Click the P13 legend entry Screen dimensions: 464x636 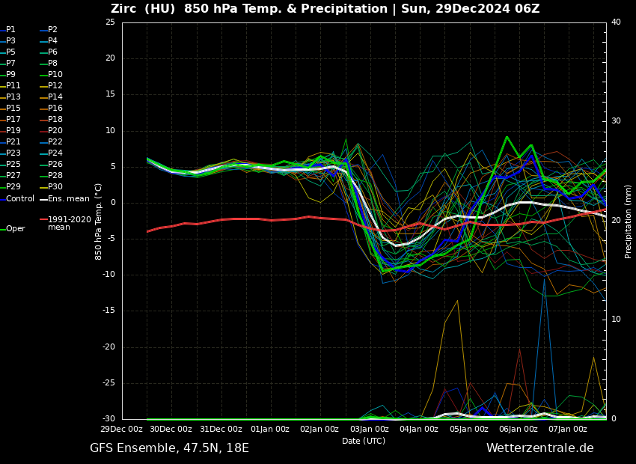tap(13, 97)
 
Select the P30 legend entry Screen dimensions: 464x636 tap(55, 187)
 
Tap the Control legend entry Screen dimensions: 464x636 tap(20, 199)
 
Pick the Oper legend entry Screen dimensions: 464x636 tap(15, 229)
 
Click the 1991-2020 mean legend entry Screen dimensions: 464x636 tap(69, 223)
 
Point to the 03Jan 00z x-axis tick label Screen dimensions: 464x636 tap(369, 430)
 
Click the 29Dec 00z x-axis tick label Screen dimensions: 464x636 tap(122, 430)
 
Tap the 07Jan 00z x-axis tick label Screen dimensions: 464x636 tap(567, 430)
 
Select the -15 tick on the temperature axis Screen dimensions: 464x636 tap(108, 311)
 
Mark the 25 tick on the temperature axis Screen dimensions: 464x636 tap(110, 22)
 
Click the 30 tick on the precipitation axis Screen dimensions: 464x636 tap(616, 121)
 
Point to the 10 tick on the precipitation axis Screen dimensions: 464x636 tap(616, 320)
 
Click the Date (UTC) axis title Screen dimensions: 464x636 tap(364, 442)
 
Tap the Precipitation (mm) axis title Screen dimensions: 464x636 tap(629, 221)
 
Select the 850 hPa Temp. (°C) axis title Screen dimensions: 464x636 tap(99, 221)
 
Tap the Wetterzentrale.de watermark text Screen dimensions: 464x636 tap(539, 448)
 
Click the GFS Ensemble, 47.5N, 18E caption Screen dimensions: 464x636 tap(169, 448)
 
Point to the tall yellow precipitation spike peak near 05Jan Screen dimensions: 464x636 tap(457, 301)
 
